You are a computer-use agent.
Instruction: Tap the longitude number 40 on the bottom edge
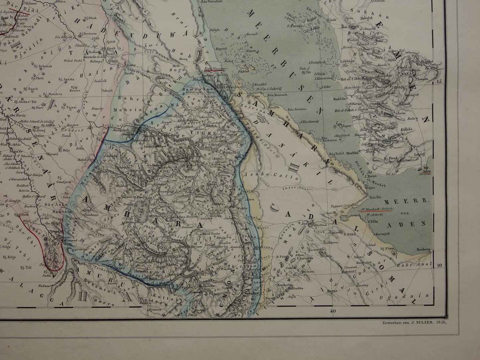pyautogui.click(x=331, y=311)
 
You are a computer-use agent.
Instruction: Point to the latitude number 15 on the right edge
pyautogui.click(x=440, y=82)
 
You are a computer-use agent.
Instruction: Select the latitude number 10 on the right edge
pyautogui.click(x=440, y=265)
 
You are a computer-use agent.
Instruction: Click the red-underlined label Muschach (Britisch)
pyautogui.click(x=379, y=209)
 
